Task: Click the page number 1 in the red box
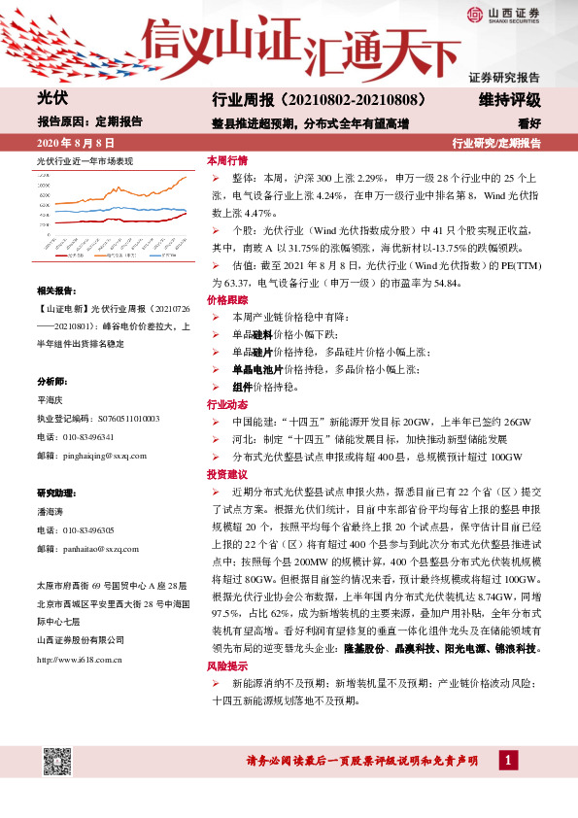point(506,760)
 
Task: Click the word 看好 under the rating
point(528,123)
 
